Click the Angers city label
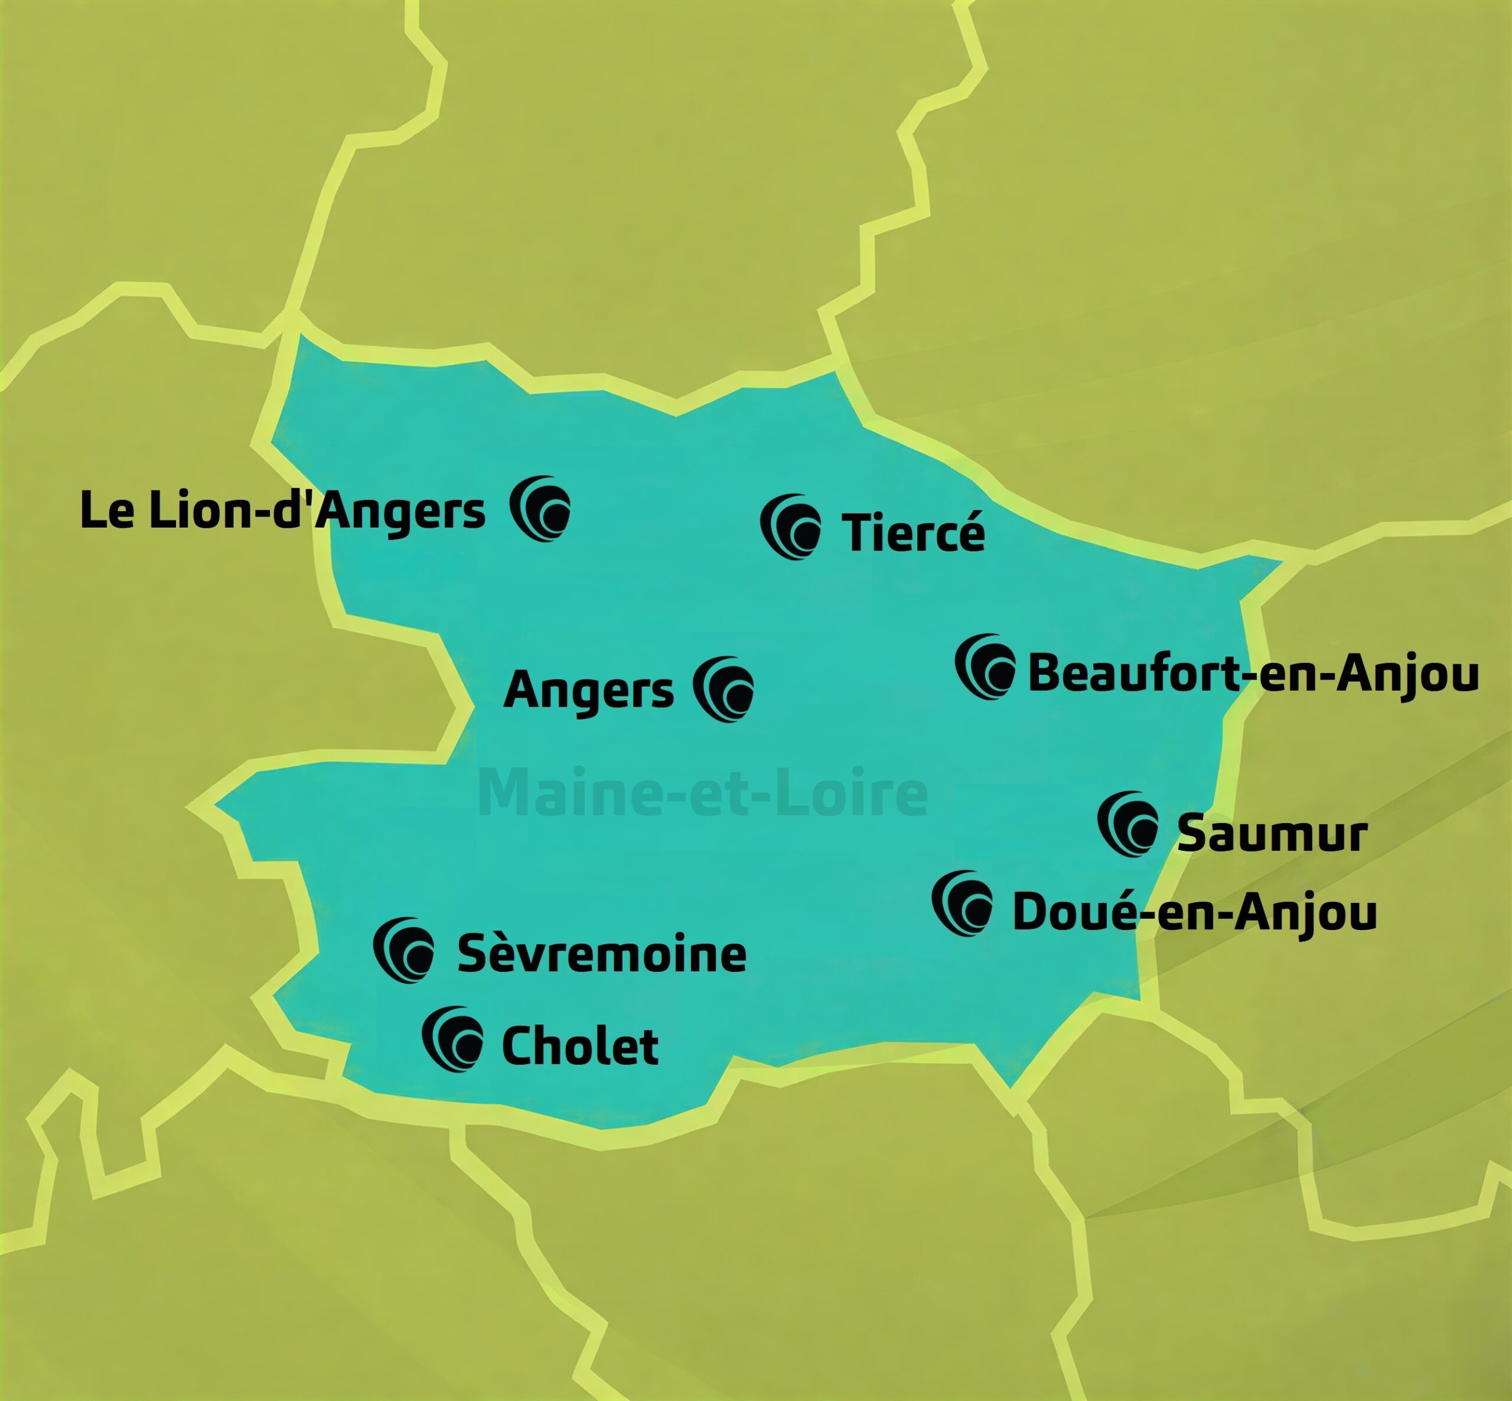[x=588, y=691]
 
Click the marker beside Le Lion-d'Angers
[x=540, y=509]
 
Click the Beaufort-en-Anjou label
[x=1253, y=672]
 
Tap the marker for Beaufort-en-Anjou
[x=985, y=667]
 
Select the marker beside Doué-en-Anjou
[x=963, y=903]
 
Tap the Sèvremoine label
[x=602, y=954]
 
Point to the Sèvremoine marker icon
[x=404, y=951]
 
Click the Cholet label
[x=580, y=1046]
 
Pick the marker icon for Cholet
[x=452, y=1039]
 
